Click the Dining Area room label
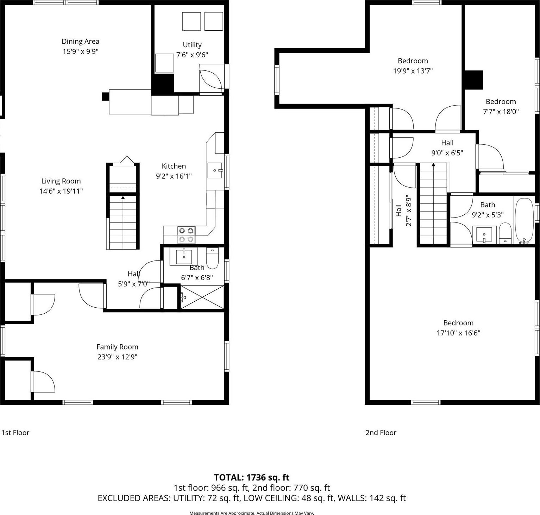pyautogui.click(x=80, y=42)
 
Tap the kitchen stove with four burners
pyautogui.click(x=186, y=235)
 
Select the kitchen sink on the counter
pyautogui.click(x=215, y=170)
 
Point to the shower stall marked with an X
pyautogui.click(x=202, y=298)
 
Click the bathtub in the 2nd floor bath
pyautogui.click(x=524, y=221)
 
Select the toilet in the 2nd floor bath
pyautogui.click(x=505, y=233)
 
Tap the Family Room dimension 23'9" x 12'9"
pyautogui.click(x=117, y=357)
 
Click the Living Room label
pyautogui.click(x=61, y=181)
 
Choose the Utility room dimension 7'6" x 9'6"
pyautogui.click(x=192, y=55)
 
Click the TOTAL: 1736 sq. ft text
pyautogui.click(x=251, y=477)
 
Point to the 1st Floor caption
pyautogui.click(x=15, y=433)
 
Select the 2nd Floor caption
pyautogui.click(x=381, y=433)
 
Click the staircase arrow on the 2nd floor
pyautogui.click(x=433, y=165)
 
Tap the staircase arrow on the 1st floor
pyautogui.click(x=123, y=198)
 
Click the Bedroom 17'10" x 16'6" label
pyautogui.click(x=458, y=323)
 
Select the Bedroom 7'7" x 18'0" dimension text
pyautogui.click(x=500, y=112)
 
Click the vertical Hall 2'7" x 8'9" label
pyautogui.click(x=403, y=211)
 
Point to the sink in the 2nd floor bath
pyautogui.click(x=484, y=234)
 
